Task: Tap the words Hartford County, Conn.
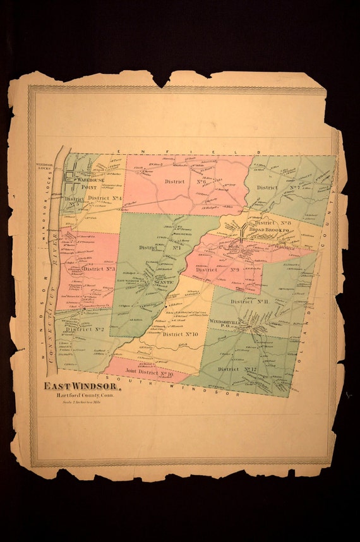coord(78,395)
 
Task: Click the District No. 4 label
coord(104,198)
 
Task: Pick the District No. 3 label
coord(99,268)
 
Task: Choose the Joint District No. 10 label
coord(149,373)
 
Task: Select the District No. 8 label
coord(272,222)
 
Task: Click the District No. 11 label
coord(251,302)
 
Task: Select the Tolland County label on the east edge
coord(319,272)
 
